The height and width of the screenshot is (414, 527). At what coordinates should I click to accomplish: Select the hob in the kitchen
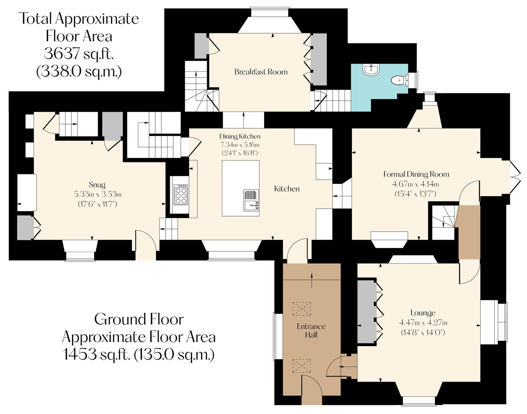[181, 195]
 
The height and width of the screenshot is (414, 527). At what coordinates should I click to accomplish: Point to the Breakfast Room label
[261, 72]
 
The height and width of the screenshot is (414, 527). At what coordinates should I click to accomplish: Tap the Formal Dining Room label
[416, 174]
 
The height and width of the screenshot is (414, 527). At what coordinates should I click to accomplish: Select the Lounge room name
[423, 313]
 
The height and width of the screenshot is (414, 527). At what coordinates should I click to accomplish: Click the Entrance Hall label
[311, 330]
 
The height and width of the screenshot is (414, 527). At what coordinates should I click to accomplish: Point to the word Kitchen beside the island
[287, 189]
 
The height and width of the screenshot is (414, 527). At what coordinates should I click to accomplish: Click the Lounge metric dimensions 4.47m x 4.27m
[423, 323]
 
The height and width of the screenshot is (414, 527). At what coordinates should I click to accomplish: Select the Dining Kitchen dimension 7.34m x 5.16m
[240, 145]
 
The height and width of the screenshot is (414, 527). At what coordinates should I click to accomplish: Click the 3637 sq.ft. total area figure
[79, 54]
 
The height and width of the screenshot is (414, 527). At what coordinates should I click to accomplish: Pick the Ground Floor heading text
[139, 319]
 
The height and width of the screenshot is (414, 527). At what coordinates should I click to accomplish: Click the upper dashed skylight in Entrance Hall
[302, 308]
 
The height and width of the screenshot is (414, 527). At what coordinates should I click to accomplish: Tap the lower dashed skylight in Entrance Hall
[302, 365]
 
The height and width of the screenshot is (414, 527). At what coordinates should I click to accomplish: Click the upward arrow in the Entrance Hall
[311, 281]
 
